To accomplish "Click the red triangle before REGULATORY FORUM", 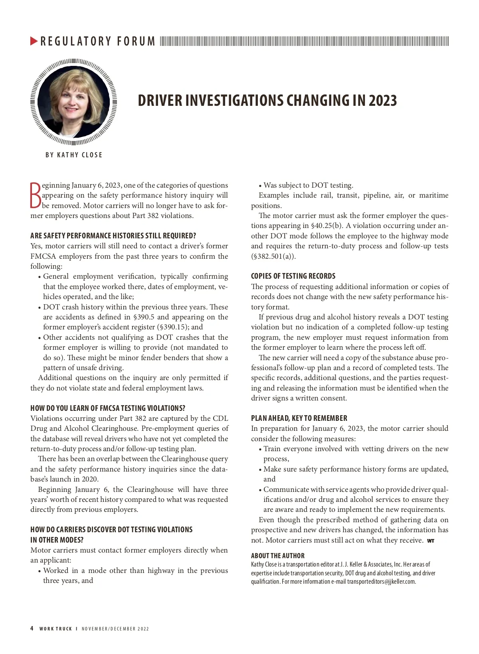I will [x=34, y=41].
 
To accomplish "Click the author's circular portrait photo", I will [x=73, y=101].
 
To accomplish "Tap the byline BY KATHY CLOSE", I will [x=74, y=155].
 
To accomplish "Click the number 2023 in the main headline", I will [x=382, y=101].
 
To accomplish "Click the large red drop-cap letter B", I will [x=36, y=196].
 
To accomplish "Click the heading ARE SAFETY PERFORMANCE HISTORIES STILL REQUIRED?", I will [x=113, y=236].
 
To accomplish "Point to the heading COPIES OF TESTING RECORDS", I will [x=293, y=276].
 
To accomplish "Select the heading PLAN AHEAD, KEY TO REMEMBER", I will [x=299, y=418].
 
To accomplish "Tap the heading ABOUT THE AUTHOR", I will [x=277, y=556].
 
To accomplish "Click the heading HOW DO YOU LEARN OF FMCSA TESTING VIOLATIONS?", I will [x=108, y=408].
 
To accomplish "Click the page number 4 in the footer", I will [x=32, y=628].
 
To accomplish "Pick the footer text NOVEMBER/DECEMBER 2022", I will [x=115, y=629].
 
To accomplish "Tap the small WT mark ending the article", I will [x=430, y=541].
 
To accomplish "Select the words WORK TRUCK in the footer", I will [x=55, y=629].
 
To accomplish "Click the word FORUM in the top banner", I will [x=136, y=41].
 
